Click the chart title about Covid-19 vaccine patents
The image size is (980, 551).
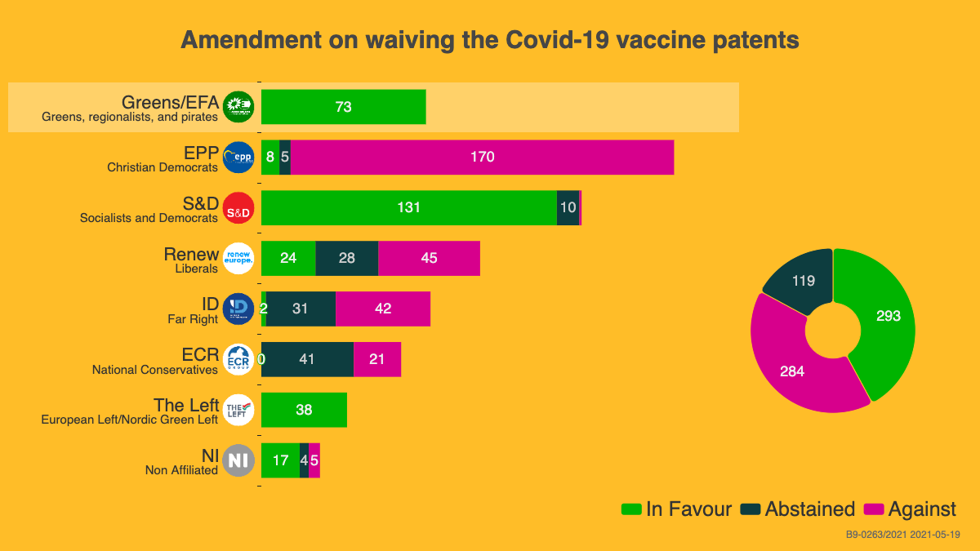489,40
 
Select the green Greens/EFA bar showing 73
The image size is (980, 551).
343,107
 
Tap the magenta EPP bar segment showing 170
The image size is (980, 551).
482,157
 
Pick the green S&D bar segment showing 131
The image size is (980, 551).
408,207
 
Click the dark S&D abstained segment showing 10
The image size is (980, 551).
568,207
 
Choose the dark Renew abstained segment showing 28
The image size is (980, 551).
346,258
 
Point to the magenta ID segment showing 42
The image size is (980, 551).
382,309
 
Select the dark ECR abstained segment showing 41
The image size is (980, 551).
307,359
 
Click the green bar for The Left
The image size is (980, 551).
304,410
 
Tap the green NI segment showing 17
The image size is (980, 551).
280,460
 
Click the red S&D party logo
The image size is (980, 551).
238,208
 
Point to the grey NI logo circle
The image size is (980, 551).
238,460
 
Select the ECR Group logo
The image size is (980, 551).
238,359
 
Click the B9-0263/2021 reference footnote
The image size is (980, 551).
902,535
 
